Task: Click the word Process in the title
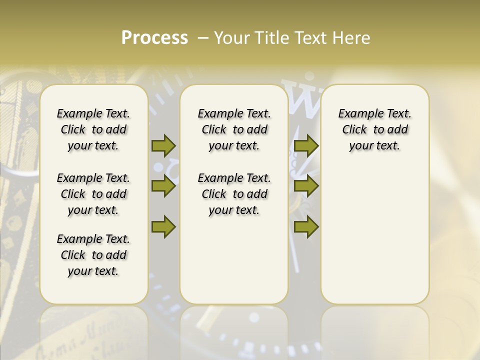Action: (154, 38)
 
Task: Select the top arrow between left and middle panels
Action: (163, 145)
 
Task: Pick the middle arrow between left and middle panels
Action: (163, 186)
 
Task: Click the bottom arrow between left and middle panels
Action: (163, 226)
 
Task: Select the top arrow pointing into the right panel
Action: (306, 145)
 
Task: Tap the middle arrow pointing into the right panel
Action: (306, 186)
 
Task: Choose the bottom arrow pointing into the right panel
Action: (306, 226)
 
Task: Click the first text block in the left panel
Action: (93, 129)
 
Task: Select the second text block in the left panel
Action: (93, 194)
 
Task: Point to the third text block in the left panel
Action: (93, 255)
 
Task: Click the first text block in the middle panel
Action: (234, 129)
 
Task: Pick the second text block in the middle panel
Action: (234, 194)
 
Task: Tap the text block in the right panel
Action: (374, 129)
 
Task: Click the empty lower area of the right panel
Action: (374, 240)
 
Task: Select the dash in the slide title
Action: (203, 38)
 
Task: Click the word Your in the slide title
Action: (230, 38)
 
